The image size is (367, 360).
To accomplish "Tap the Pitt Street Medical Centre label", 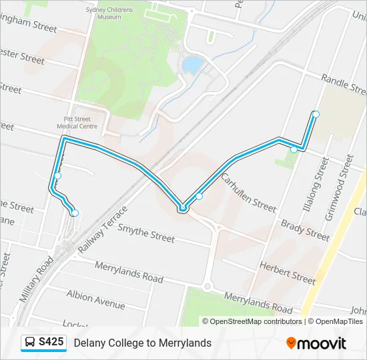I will [x=77, y=122].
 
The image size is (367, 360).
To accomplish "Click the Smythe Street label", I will [x=146, y=233].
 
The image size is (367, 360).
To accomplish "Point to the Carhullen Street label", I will [x=248, y=193].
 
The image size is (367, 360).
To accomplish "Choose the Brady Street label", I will [x=305, y=230].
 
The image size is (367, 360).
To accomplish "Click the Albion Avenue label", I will [x=95, y=299].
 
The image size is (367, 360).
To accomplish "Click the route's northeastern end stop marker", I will [x=316, y=115].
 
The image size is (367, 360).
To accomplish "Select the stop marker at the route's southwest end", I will [x=75, y=213].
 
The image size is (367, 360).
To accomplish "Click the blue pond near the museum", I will [x=192, y=65].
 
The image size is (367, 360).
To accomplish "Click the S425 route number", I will [x=51, y=343].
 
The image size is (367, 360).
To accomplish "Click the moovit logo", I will [x=316, y=343].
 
